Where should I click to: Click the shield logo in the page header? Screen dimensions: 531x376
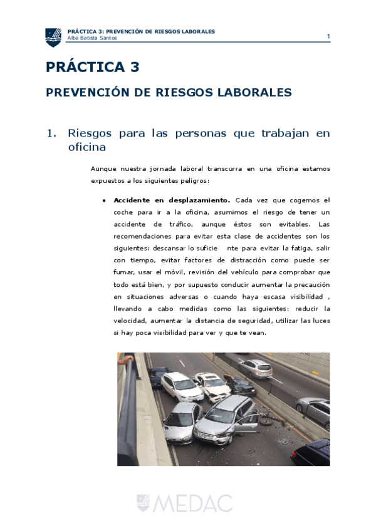(53, 37)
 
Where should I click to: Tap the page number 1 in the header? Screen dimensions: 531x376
(328, 36)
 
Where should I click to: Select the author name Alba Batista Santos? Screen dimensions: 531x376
(92, 38)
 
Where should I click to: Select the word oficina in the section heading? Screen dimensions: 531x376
(86, 147)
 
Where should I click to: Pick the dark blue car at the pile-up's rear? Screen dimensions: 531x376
(158, 376)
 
